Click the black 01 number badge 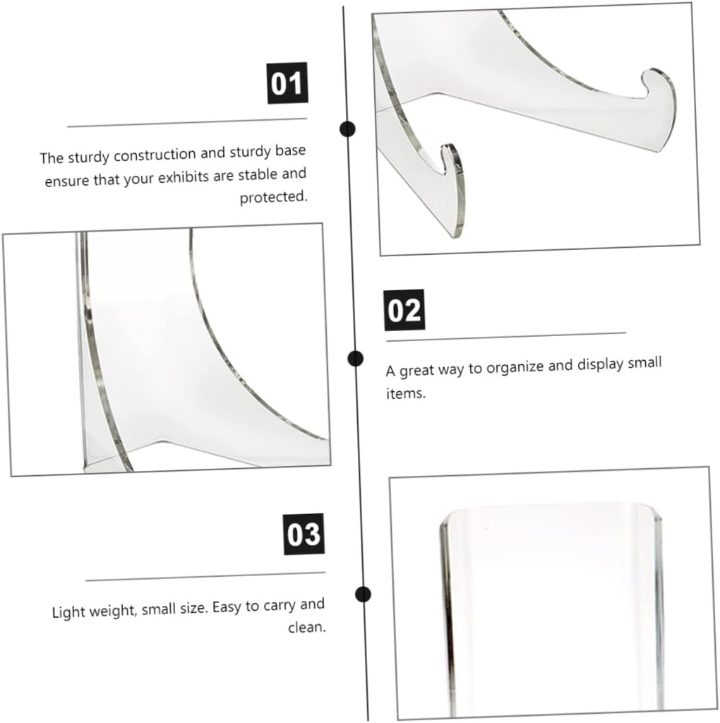point(286,83)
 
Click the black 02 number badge point(404,309)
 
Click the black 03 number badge point(304,534)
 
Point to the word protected point(273,197)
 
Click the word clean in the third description point(306,627)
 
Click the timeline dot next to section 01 point(347,129)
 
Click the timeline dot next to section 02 point(356,358)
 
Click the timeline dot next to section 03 point(363,594)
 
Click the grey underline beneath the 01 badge point(187,123)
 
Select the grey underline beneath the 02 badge point(505,336)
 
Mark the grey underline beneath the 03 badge point(205,577)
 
